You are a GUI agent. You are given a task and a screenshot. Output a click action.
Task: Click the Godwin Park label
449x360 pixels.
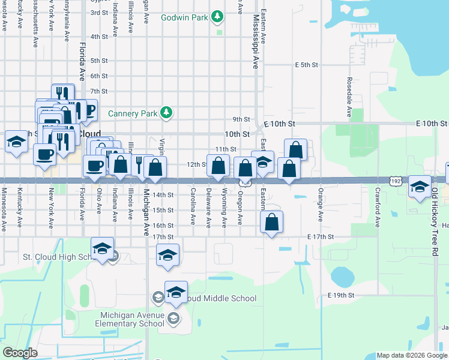pos(184,17)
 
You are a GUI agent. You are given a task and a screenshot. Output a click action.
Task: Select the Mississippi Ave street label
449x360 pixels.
pos(255,42)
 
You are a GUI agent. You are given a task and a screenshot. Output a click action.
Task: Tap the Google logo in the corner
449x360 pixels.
pos(20,353)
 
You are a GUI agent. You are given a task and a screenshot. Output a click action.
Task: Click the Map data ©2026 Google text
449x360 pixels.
pos(411,355)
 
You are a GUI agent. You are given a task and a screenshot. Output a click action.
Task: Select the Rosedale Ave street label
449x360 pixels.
pos(349,96)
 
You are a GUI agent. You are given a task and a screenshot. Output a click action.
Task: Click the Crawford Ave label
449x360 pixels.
pos(378,208)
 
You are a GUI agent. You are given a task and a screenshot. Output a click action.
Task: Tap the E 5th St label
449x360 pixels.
pos(305,64)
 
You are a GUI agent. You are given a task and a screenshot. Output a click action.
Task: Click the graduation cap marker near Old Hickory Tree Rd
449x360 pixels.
pos(419,187)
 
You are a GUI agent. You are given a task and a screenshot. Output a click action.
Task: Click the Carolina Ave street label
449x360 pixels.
pos(193,208)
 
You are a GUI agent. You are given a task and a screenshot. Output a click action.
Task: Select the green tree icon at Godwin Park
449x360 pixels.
pos(216,17)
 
